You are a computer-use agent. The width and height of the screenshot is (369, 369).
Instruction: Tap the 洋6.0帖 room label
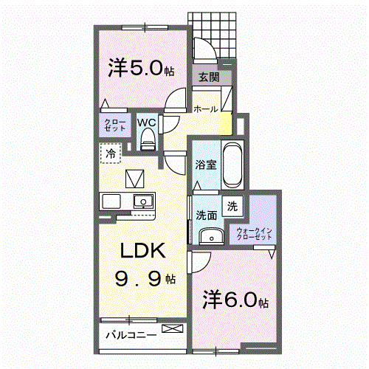[235, 300]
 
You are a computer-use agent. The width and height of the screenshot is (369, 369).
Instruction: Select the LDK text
[142, 250]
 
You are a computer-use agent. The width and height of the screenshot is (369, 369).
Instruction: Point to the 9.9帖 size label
[145, 279]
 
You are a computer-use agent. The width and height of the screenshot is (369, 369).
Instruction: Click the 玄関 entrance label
[209, 77]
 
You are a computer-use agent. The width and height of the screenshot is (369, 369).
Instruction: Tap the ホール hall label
[206, 109]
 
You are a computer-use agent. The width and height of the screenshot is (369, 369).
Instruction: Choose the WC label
[147, 123]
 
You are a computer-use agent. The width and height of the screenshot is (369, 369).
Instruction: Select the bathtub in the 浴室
[232, 165]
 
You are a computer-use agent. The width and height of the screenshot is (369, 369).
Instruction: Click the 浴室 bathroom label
[206, 165]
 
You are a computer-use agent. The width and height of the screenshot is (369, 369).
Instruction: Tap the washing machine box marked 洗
[232, 206]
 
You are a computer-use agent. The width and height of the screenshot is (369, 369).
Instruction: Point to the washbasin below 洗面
[211, 236]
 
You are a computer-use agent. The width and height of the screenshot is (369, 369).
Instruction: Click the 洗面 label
[206, 215]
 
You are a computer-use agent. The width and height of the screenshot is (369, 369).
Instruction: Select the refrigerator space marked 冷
[111, 153]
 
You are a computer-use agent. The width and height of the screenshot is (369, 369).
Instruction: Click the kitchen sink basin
[143, 201]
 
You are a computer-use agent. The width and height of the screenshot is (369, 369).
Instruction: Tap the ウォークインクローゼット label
[254, 234]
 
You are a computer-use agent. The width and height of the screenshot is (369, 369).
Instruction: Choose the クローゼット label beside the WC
[115, 125]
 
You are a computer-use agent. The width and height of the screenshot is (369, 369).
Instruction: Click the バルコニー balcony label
[131, 335]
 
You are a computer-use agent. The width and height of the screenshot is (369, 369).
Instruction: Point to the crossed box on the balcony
[173, 328]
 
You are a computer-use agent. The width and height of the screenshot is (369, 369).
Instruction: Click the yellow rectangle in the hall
[226, 124]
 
